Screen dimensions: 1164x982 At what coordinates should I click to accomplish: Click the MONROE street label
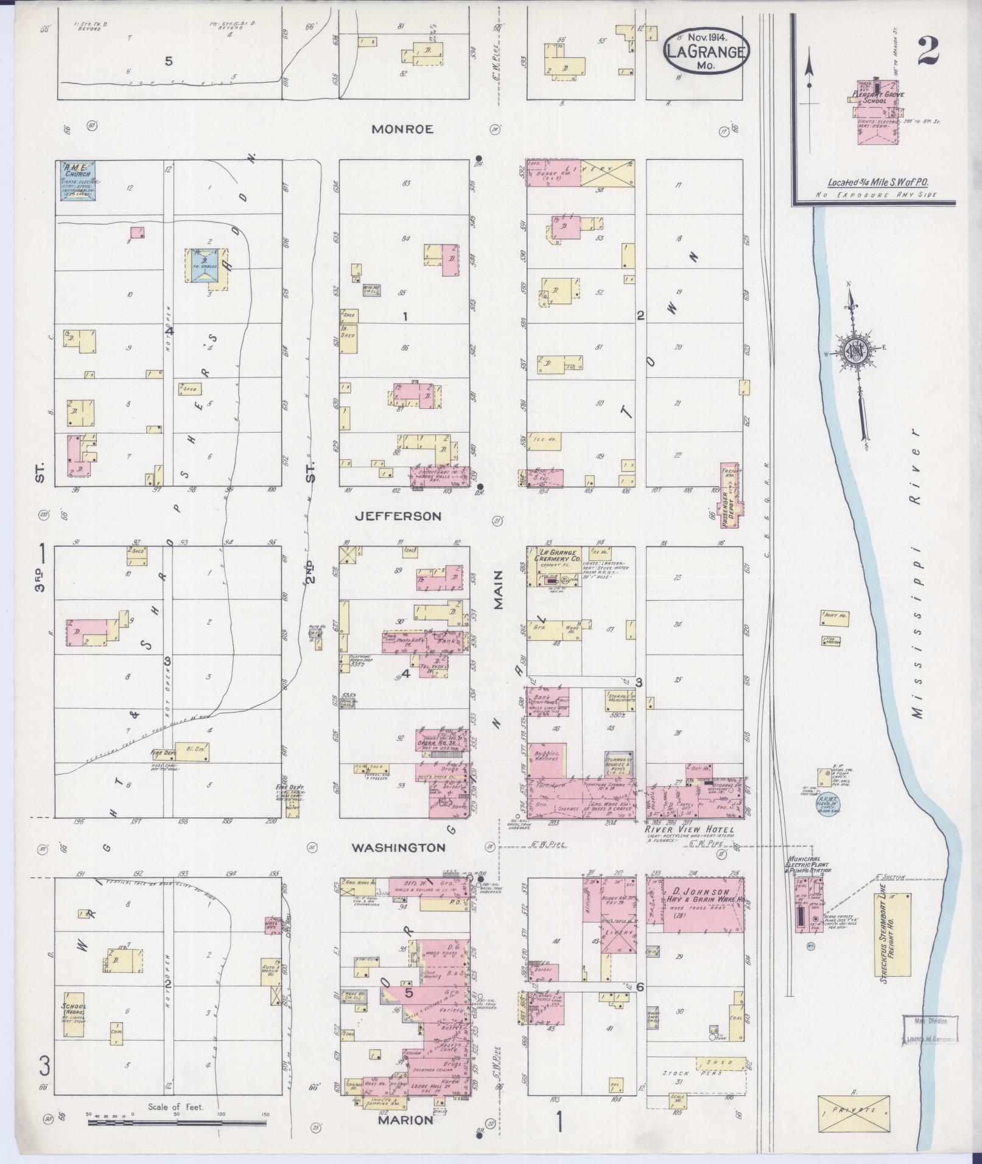[x=402, y=130]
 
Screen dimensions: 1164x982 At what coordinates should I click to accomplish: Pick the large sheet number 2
[x=927, y=52]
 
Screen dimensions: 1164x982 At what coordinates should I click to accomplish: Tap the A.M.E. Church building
[x=78, y=180]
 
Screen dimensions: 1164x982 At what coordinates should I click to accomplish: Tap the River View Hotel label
[x=690, y=830]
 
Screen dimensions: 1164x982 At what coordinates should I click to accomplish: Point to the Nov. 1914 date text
[x=705, y=37]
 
